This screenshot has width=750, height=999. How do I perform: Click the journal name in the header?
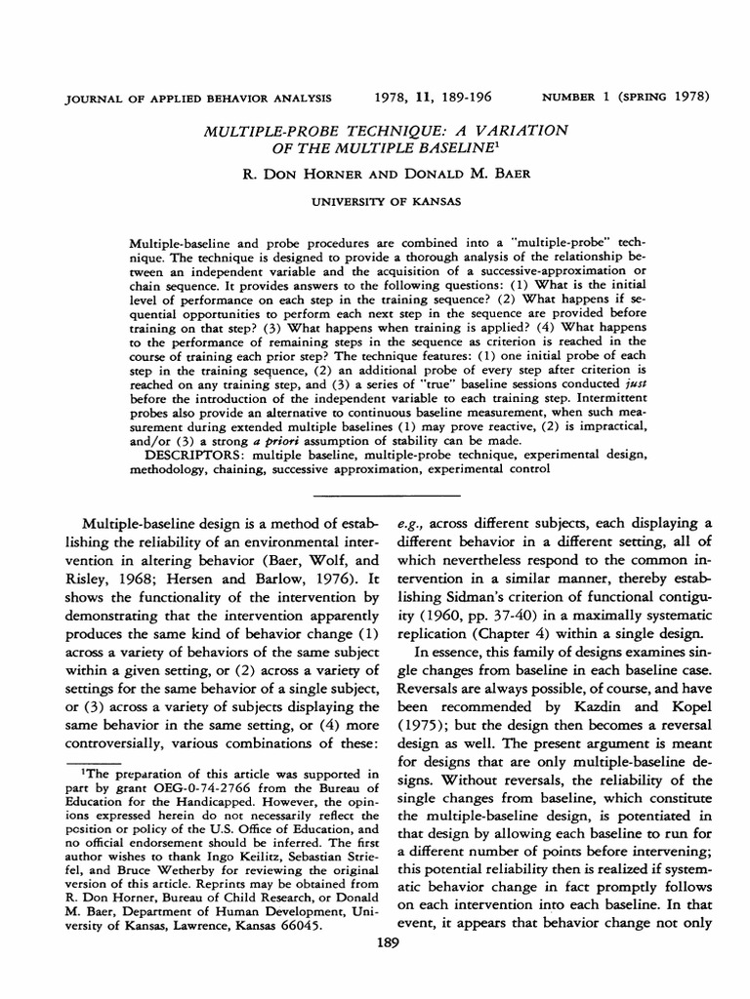[184, 98]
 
